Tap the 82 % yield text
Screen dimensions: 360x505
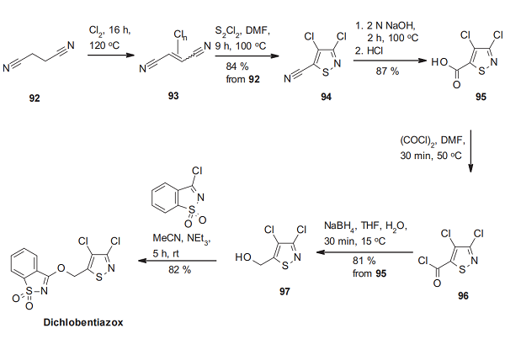pos(180,269)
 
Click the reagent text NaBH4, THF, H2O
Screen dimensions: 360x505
pos(368,225)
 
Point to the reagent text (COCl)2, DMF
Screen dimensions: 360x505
pos(428,145)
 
